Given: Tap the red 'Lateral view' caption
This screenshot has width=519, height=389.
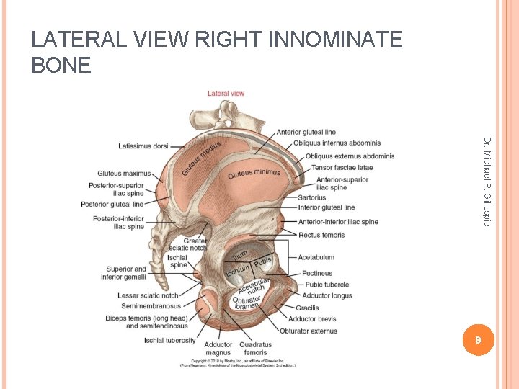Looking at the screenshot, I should (226, 94).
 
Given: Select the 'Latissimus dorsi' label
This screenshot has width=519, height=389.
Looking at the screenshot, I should (143, 146).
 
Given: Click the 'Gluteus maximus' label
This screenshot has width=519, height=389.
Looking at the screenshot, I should (124, 174).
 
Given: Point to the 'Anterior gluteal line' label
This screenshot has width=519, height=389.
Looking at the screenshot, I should (306, 132).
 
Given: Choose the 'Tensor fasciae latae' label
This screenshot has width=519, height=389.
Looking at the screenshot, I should (342, 168).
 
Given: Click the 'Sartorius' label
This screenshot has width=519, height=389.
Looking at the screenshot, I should (311, 197).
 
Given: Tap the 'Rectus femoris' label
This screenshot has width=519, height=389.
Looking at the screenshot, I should (321, 235).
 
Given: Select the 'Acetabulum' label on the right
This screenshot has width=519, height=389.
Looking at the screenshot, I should (316, 257).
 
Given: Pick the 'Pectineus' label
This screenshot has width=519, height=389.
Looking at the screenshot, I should (317, 274).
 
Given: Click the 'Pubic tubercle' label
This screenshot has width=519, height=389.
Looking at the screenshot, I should (327, 285).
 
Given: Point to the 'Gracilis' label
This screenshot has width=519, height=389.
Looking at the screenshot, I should (307, 308).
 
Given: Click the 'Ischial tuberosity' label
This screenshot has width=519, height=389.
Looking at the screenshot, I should (169, 340).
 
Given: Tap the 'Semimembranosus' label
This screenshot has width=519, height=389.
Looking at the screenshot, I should (151, 306).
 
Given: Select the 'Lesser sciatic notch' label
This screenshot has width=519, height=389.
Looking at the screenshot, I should (148, 295).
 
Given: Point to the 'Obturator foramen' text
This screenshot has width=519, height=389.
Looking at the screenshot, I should (246, 303).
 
